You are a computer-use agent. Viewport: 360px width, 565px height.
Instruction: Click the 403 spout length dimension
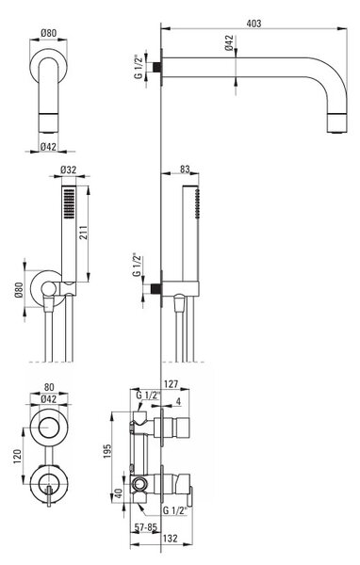254,24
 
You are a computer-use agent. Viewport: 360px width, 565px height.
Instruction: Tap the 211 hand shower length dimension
83,234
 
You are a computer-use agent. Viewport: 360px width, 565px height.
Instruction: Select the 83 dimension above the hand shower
185,169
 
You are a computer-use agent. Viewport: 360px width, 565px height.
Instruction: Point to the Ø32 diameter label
69,169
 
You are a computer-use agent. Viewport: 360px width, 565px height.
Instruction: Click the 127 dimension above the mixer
171,384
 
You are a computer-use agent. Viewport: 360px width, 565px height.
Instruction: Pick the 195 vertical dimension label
107,451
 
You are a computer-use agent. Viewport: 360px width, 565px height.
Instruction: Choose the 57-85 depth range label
146,527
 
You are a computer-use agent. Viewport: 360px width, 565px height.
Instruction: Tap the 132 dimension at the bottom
171,539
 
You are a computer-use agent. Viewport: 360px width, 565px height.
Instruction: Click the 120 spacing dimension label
17,456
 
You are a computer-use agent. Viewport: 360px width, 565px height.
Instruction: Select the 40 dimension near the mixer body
119,493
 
